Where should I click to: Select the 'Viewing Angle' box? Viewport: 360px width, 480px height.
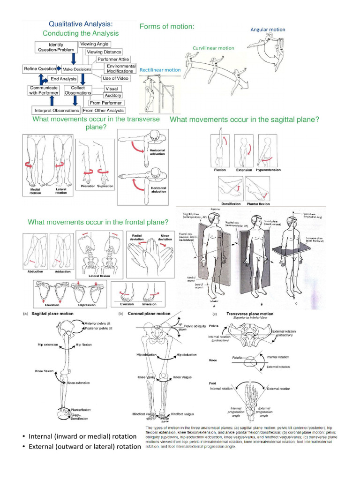point(94,44)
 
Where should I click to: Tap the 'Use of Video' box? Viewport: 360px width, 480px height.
point(115,78)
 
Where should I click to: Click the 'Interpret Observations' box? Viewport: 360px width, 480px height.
point(56,111)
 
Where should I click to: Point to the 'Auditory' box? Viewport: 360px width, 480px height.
point(113,96)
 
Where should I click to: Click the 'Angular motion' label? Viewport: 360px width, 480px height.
point(268,30)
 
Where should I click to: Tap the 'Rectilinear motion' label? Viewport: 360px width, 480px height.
point(160,70)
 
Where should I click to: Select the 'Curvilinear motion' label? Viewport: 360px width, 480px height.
point(213,48)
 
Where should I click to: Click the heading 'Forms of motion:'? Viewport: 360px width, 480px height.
point(167,27)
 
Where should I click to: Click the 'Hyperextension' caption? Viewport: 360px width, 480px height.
point(269,170)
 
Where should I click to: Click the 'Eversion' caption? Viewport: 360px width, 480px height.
point(125,304)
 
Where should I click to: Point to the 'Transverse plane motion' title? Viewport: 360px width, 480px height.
point(250,314)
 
